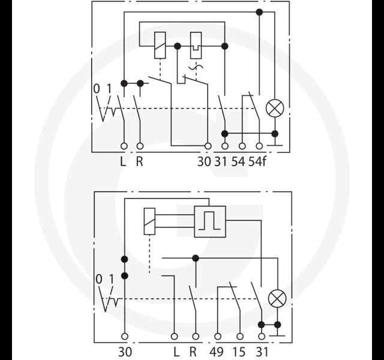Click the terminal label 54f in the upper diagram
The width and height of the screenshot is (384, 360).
(x=257, y=161)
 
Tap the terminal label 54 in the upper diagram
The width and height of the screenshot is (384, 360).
(x=238, y=161)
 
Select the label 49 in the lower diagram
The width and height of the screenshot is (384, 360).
(x=217, y=352)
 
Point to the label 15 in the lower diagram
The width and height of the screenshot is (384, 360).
(x=239, y=352)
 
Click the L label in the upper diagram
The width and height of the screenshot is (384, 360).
(x=123, y=161)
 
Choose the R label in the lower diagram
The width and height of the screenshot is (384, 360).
(x=193, y=352)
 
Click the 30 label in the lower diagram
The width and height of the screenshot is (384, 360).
(x=125, y=352)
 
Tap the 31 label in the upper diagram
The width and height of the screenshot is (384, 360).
(x=221, y=161)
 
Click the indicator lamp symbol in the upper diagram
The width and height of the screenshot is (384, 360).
(x=275, y=108)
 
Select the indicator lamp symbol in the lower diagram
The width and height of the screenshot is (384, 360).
(x=277, y=299)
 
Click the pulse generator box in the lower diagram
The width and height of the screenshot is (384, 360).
(x=210, y=221)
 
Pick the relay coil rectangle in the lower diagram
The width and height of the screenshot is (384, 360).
(x=149, y=221)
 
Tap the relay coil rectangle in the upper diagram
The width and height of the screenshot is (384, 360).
(x=160, y=46)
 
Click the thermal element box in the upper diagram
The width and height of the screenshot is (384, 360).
(x=196, y=46)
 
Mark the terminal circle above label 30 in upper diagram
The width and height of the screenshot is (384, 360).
(x=208, y=146)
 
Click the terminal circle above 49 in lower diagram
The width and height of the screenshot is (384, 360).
(x=217, y=337)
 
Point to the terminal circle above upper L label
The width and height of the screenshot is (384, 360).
(x=124, y=146)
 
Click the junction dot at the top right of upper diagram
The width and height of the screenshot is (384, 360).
(x=259, y=12)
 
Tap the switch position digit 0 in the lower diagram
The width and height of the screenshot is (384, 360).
(x=98, y=279)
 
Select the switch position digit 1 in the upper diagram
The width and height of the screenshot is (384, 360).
(x=109, y=89)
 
